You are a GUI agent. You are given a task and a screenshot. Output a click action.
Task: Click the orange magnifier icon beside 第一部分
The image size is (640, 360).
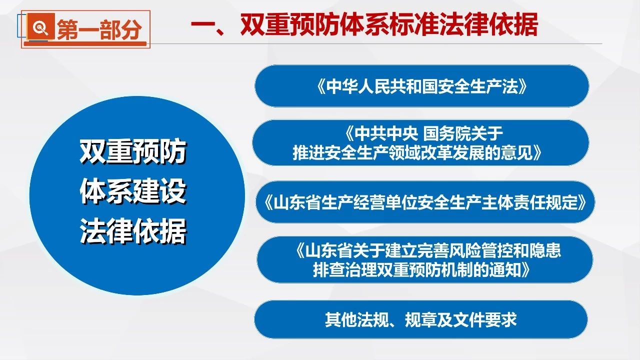click(x=41, y=26)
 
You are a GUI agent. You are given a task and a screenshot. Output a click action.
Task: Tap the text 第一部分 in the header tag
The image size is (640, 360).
click(x=99, y=29)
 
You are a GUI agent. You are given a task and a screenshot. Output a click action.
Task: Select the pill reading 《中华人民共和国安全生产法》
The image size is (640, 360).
click(x=422, y=86)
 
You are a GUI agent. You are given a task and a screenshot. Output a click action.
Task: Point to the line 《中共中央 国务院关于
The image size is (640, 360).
click(x=424, y=133)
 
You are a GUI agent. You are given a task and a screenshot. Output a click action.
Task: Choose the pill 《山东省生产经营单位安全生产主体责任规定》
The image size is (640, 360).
click(x=425, y=202)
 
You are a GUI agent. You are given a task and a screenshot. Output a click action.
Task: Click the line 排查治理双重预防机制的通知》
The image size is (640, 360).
click(x=421, y=269)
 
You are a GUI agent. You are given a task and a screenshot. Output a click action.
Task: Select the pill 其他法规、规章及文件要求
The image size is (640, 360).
click(x=421, y=319)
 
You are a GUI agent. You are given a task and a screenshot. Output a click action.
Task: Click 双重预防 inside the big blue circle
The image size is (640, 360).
click(x=133, y=151)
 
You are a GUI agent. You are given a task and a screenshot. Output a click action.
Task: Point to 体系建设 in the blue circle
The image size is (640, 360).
click(x=133, y=191)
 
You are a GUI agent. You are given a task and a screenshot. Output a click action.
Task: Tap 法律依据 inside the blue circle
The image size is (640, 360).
click(x=133, y=231)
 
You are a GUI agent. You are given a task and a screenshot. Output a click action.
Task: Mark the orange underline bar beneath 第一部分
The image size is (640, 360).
click(x=85, y=43)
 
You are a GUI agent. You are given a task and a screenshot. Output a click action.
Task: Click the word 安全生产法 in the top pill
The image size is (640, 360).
click(x=477, y=86)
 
